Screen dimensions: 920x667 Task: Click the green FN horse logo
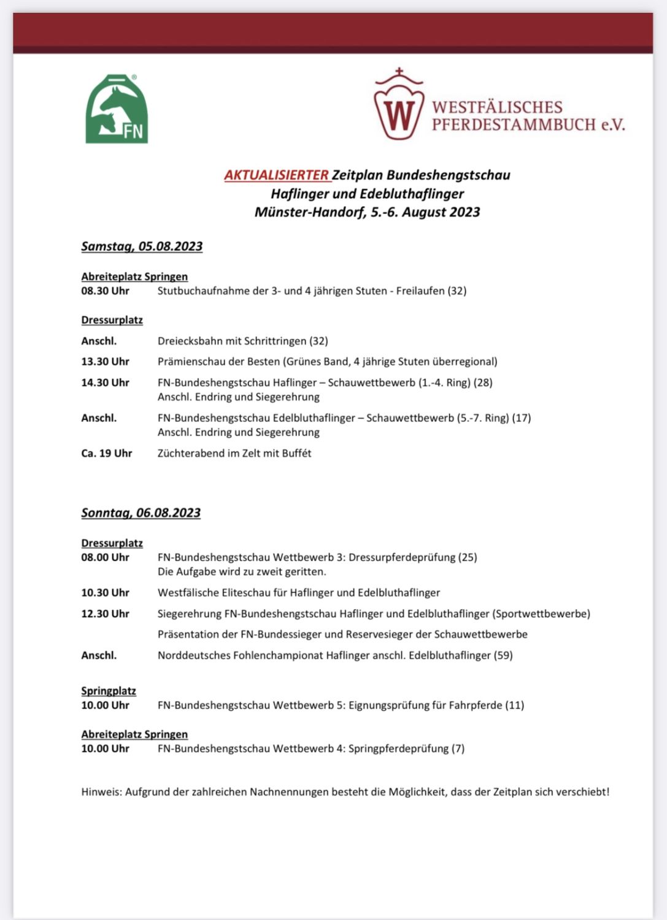coord(117,110)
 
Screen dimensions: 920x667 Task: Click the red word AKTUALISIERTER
coord(277,175)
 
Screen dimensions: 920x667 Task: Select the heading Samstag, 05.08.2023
coord(142,247)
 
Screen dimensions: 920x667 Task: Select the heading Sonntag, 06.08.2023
coord(141,513)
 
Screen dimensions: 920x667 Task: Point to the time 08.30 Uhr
coord(106,291)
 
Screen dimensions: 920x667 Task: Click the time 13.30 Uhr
coord(106,362)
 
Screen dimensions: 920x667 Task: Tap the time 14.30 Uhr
coord(106,383)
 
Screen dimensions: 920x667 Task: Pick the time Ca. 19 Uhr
coord(107,453)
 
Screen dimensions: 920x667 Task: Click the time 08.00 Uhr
coord(106,558)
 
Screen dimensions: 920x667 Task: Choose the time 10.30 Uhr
coord(106,593)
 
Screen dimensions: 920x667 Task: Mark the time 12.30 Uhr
coord(106,614)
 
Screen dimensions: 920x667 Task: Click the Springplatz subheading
coord(109,691)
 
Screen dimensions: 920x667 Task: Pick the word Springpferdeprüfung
coord(398,749)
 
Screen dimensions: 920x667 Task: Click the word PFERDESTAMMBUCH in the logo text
coord(514,125)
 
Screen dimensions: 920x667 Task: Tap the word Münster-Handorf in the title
coord(310,212)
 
